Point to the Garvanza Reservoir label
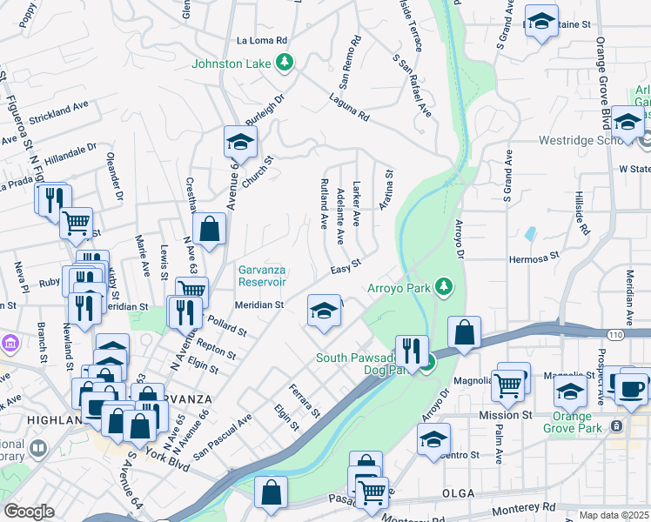(x=263, y=276)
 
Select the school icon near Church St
(x=241, y=142)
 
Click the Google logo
(x=29, y=512)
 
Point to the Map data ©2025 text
(x=614, y=515)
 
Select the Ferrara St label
(x=305, y=399)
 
